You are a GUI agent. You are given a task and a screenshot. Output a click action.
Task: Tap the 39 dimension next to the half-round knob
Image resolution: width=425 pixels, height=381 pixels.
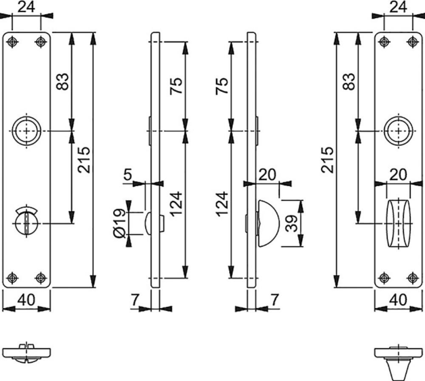point(292,223)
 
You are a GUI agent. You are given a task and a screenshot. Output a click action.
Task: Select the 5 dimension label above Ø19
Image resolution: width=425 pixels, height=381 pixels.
point(127,174)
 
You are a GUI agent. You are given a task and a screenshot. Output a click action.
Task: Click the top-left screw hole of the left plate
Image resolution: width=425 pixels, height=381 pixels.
point(12,42)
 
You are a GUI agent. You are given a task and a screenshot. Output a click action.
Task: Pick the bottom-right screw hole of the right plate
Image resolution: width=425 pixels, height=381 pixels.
point(412,278)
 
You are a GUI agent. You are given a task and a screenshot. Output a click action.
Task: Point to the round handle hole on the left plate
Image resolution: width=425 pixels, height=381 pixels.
point(26,131)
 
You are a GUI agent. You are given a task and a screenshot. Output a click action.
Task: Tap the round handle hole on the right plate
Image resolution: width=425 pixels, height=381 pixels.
point(399,131)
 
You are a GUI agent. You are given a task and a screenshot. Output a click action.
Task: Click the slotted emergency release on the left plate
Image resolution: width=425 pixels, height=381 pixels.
point(26,222)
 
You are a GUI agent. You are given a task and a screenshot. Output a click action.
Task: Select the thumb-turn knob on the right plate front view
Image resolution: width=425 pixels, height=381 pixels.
point(399,223)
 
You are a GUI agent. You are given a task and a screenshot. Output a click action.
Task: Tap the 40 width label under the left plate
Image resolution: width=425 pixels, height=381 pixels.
point(26,300)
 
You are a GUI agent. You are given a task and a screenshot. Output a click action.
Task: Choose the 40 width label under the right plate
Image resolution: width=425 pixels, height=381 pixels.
point(398,300)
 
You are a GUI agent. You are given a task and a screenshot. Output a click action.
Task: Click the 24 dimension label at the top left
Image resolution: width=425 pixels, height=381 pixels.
point(26,7)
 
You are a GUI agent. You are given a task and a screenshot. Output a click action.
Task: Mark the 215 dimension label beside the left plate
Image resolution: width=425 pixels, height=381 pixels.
point(84,160)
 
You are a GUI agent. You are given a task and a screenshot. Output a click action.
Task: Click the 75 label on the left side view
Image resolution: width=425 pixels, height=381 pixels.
point(176,86)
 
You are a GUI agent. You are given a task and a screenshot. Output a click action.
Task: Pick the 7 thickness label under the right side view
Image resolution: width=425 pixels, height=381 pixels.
point(275,300)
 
